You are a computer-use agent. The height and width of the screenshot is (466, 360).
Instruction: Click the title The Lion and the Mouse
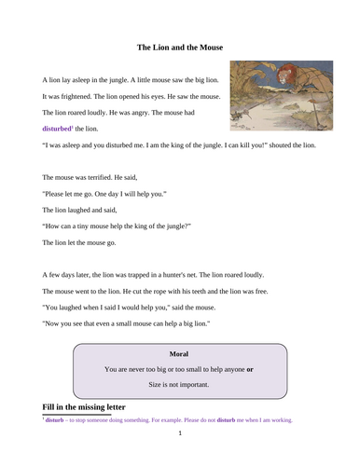click(180, 46)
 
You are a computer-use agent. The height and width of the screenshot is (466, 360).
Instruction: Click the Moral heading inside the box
click(180, 354)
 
